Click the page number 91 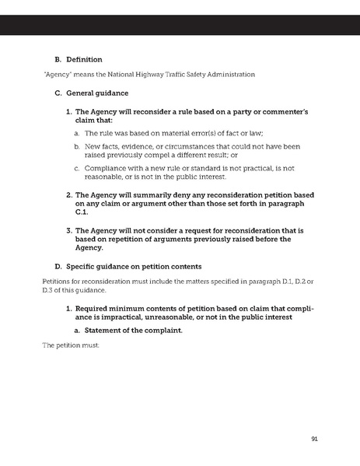point(313,439)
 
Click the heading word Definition point(85,58)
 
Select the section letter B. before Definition point(57,58)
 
